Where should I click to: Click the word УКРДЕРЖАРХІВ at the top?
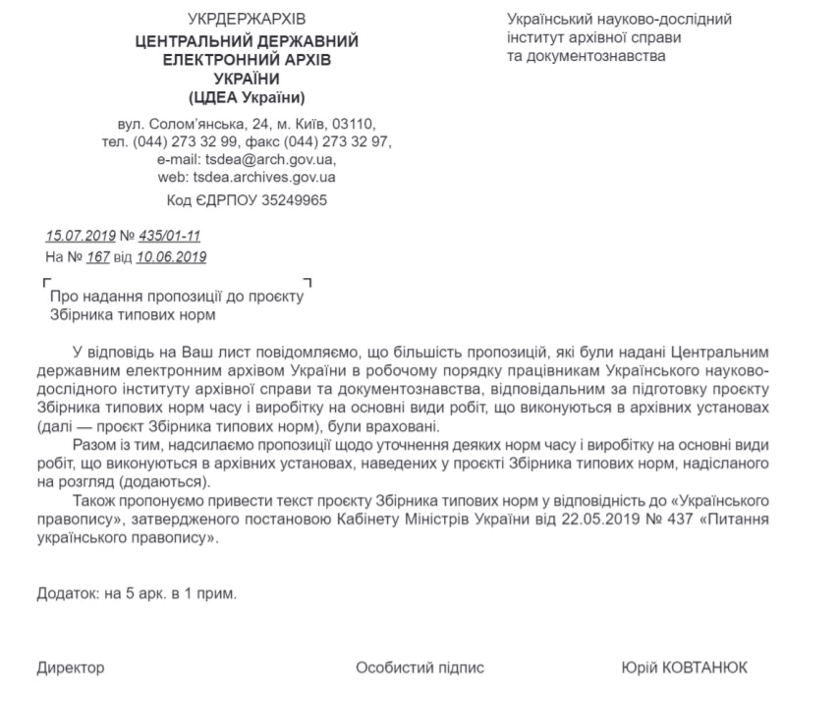tap(247, 20)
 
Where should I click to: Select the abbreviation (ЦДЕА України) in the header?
tap(247, 98)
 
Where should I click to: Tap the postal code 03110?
tap(352, 124)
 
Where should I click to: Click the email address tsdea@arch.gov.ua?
tap(269, 160)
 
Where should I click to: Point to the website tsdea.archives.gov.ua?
tap(264, 178)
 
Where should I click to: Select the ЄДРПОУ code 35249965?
tap(294, 200)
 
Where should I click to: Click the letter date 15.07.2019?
tap(81, 236)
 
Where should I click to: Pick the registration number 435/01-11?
tap(169, 236)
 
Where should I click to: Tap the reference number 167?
tap(98, 257)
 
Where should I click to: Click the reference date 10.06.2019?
tap(171, 257)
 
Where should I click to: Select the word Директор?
tap(71, 668)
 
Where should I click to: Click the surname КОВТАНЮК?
tap(704, 668)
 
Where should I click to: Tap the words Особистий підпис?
tap(420, 668)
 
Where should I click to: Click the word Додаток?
tap(67, 593)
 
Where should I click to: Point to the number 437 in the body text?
tap(681, 519)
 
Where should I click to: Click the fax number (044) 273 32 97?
tap(336, 142)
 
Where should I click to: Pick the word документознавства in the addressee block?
tap(596, 56)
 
